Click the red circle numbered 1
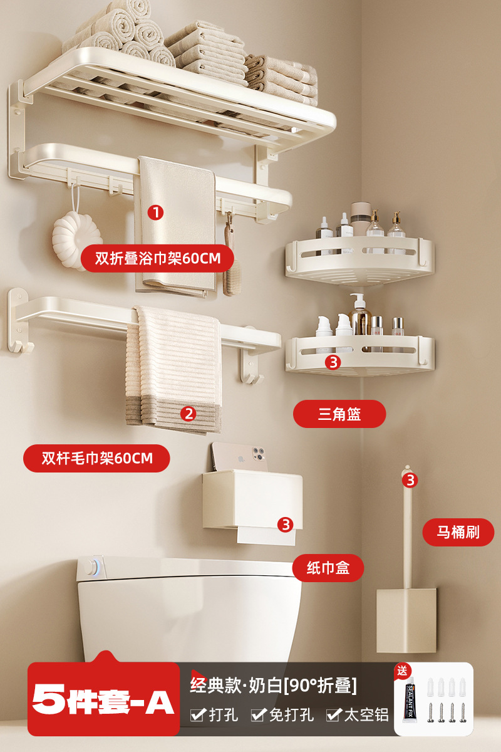coord(155,212)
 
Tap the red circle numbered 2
coord(189,414)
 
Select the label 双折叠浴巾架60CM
coord(155,258)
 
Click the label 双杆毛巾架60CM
coord(97,458)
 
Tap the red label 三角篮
coord(339,414)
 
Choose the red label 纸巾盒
coord(328,568)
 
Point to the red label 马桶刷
coord(458,533)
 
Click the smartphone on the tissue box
coord(236,456)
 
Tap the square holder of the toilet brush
coord(406,620)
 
